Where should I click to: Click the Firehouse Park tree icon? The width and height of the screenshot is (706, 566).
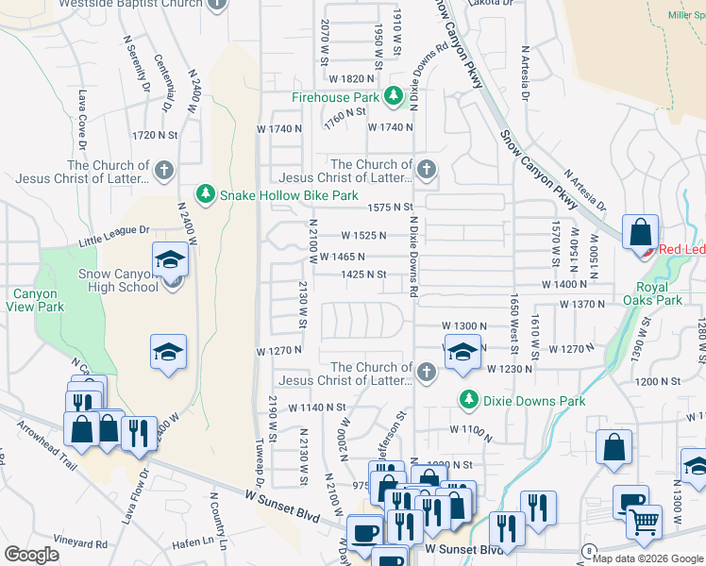[x=393, y=96]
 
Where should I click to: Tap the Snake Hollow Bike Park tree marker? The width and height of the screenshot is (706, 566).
[x=205, y=194]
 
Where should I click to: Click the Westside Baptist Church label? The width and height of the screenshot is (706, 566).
[x=131, y=4]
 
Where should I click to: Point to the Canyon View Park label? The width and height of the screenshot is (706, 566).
[x=35, y=300]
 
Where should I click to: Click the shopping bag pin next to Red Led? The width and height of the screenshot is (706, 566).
[x=640, y=233]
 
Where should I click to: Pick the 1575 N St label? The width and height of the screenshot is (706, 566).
[x=391, y=207]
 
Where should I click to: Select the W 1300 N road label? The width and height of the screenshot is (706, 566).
[x=464, y=325]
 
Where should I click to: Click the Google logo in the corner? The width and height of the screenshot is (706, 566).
[x=31, y=555]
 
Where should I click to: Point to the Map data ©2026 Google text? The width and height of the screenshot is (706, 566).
[x=647, y=558]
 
